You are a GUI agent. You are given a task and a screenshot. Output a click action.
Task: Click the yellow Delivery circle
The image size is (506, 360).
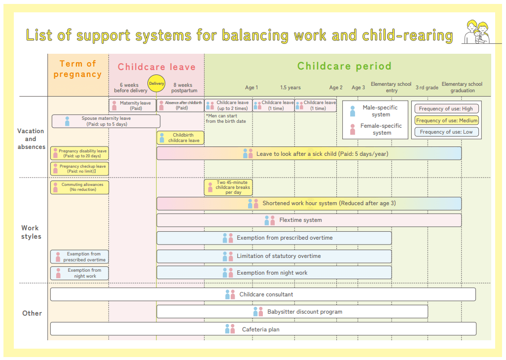pyautogui.click(x=156, y=83)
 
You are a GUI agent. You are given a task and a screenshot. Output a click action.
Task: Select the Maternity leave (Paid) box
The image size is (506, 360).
pyautogui.click(x=133, y=106)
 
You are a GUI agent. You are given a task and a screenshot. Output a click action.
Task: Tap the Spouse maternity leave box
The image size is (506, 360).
pyautogui.click(x=106, y=121)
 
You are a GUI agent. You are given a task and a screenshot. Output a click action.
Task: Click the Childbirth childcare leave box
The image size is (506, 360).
pyautogui.click(x=181, y=138)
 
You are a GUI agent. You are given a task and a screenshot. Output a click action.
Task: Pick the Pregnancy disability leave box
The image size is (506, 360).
pyautogui.click(x=79, y=153)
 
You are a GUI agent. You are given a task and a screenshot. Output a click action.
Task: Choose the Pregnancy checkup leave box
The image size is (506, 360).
pyautogui.click(x=79, y=169)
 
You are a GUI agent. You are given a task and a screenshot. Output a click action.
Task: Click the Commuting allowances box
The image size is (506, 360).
pyautogui.click(x=79, y=187)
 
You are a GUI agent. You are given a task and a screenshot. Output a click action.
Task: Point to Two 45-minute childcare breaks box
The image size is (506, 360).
pyautogui.click(x=228, y=187)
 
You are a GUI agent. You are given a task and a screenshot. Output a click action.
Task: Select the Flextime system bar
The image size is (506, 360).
pyautogui.click(x=309, y=220)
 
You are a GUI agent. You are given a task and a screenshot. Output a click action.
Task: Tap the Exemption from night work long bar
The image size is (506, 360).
pyautogui.click(x=274, y=273)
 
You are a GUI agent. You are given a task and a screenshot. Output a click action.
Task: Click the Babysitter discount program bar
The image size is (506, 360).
pyautogui.click(x=292, y=312)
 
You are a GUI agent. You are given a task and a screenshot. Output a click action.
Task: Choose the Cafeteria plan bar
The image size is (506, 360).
pyautogui.click(x=263, y=329)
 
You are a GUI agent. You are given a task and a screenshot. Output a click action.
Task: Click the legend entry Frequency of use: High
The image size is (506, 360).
pyautogui.click(x=446, y=108)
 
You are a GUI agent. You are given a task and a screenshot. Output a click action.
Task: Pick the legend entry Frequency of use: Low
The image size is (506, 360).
pyautogui.click(x=446, y=132)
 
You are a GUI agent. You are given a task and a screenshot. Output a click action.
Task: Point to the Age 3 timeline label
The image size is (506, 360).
pyautogui.click(x=358, y=87)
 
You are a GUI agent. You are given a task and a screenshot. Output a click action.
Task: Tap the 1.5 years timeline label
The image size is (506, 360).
pyautogui.click(x=290, y=87)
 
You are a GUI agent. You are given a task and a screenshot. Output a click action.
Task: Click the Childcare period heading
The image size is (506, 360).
pyautogui.click(x=344, y=66)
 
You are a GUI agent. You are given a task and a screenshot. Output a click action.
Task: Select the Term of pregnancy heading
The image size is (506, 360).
pyautogui.click(x=78, y=69)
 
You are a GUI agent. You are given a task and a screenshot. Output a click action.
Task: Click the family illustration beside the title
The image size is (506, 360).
pyautogui.click(x=476, y=32)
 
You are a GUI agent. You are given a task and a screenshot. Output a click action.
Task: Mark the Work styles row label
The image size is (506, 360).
pyautogui.click(x=31, y=232)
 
